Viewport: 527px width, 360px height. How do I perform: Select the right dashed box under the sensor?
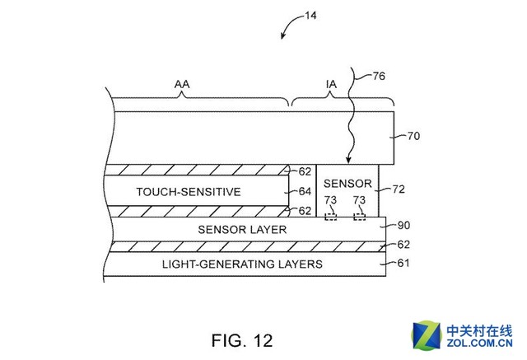(x=360, y=217)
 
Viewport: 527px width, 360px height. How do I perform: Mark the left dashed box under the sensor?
(x=331, y=217)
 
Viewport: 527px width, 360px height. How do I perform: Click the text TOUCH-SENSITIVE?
(x=188, y=192)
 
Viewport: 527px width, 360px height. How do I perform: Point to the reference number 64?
(x=305, y=192)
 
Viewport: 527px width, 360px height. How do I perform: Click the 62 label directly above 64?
(x=305, y=172)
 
